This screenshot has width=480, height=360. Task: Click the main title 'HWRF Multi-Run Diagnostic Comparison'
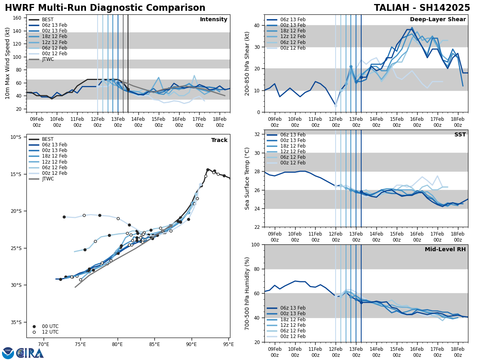click(105, 8)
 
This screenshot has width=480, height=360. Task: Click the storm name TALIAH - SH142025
click(422, 8)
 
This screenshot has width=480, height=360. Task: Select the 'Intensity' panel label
click(214, 20)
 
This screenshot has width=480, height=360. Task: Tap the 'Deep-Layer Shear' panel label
click(438, 20)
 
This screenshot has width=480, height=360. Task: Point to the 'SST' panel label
click(460, 135)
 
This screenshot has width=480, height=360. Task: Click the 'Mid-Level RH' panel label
click(445, 250)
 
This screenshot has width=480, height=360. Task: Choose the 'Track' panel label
click(219, 140)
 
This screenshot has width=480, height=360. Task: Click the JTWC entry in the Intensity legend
click(48, 59)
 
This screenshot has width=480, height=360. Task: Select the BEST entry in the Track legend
click(48, 139)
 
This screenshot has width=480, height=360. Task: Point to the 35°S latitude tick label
click(16, 322)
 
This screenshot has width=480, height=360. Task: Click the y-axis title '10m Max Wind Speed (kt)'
click(7, 63)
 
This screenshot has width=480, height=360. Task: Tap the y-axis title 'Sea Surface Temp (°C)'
click(248, 178)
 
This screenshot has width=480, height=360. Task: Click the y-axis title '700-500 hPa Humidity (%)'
click(248, 293)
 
